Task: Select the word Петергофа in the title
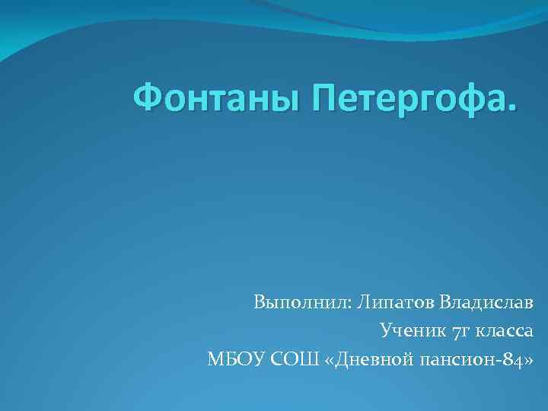(403, 98)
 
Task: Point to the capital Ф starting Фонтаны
(148, 97)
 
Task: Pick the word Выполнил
(299, 303)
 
